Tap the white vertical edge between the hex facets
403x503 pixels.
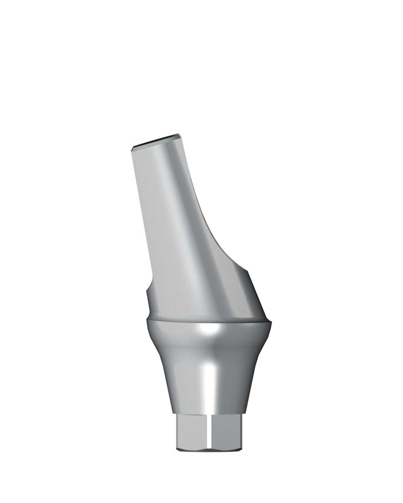point(209,432)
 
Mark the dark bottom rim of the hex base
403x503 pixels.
point(209,449)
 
